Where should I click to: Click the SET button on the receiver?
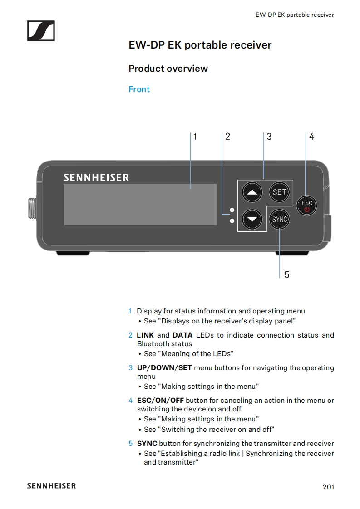[x=279, y=192]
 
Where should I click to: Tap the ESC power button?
[x=307, y=206]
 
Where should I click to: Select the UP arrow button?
[x=252, y=192]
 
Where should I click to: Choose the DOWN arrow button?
[x=252, y=220]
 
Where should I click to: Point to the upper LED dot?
[x=232, y=210]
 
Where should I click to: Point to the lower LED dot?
[x=232, y=221]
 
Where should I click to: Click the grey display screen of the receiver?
[x=140, y=205]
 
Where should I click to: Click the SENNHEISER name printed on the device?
[x=96, y=177]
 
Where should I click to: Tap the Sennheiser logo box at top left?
[x=41, y=30]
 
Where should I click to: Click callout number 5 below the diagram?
[x=286, y=274]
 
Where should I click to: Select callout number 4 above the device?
[x=311, y=137]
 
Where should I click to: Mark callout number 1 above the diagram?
[x=195, y=137]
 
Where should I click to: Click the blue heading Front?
[x=139, y=89]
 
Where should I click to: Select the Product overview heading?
[x=168, y=69]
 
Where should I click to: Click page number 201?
[x=328, y=487]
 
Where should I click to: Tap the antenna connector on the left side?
[x=31, y=207]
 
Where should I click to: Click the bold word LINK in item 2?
[x=145, y=335]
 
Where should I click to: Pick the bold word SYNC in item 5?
[x=147, y=443]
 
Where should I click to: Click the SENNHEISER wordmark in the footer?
[x=51, y=486]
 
